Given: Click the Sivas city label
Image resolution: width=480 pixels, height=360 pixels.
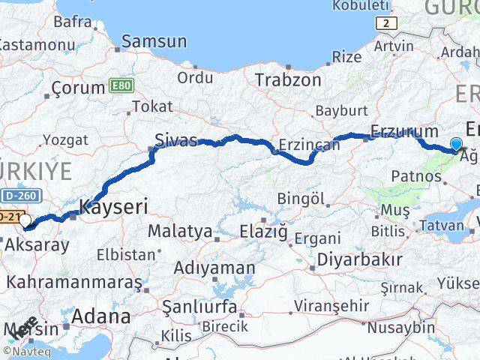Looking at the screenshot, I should click(x=176, y=139).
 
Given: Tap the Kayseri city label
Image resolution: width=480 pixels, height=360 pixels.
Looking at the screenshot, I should click(x=114, y=205).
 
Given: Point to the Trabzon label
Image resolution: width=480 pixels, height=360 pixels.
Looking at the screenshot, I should click(x=288, y=79).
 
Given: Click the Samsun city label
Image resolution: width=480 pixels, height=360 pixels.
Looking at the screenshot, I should click(x=154, y=41).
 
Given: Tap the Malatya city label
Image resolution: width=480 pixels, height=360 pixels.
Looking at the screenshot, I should click(x=180, y=230).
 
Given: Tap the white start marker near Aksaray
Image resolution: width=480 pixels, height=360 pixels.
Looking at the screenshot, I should click(x=27, y=221).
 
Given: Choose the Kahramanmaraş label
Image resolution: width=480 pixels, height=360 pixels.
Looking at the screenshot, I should click(x=73, y=283).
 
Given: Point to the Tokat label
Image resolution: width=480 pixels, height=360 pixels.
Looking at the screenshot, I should click(x=157, y=106).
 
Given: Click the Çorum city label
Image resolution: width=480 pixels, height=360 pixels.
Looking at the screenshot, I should click(x=78, y=88).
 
